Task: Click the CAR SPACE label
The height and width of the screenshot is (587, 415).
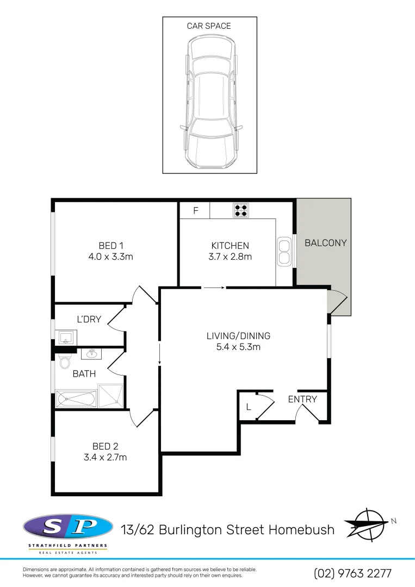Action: (x=209, y=26)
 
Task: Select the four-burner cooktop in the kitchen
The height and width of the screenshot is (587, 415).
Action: (x=241, y=210)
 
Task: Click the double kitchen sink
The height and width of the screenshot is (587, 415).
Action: (x=284, y=252)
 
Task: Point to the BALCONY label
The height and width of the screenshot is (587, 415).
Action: (x=325, y=243)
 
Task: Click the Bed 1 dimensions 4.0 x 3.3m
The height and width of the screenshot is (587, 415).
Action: (x=110, y=257)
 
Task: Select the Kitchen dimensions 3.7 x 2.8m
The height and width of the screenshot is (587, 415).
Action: (x=230, y=257)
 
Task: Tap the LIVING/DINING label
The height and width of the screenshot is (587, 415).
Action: (x=238, y=336)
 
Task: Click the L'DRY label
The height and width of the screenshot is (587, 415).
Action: (x=89, y=319)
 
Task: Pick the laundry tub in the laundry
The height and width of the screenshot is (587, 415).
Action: (x=66, y=338)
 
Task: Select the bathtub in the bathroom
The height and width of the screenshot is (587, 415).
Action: (x=76, y=399)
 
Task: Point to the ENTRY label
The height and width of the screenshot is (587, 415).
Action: (x=302, y=399)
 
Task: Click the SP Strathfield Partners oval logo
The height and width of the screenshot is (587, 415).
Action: (x=68, y=527)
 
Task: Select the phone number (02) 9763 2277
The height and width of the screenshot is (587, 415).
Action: (x=352, y=573)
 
